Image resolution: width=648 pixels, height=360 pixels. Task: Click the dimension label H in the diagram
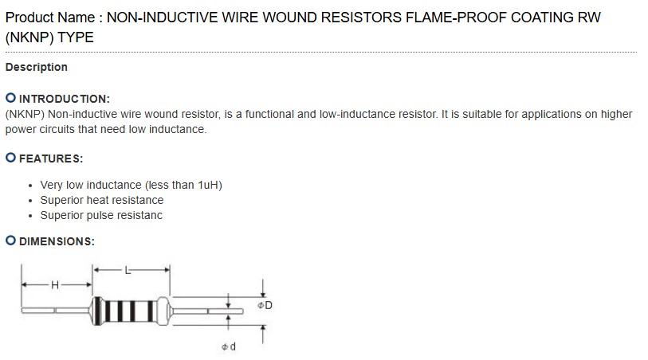click(55, 285)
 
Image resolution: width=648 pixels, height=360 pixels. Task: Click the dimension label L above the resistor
click(127, 271)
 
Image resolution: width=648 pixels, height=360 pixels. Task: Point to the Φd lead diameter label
click(228, 346)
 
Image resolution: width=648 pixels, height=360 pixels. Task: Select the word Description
click(37, 67)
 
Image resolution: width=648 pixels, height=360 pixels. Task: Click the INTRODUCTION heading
click(64, 99)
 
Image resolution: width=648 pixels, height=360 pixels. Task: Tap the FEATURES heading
click(51, 158)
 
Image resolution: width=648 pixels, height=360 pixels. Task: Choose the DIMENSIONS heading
click(57, 241)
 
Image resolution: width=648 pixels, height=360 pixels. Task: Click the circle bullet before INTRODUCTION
click(10, 98)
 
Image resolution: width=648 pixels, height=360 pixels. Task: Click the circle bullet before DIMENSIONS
click(10, 241)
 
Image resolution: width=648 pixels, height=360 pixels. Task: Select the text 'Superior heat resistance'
click(101, 200)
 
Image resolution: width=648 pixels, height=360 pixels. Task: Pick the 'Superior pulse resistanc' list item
click(101, 215)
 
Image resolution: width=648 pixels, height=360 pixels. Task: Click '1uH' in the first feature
click(208, 185)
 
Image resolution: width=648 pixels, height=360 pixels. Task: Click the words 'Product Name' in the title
click(49, 18)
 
